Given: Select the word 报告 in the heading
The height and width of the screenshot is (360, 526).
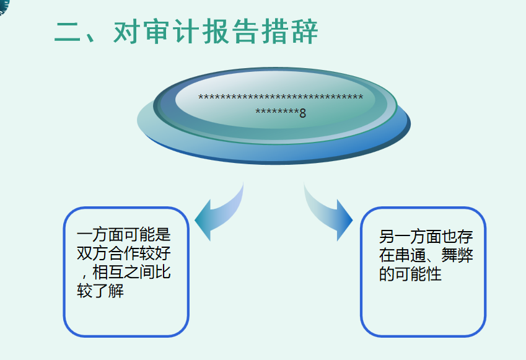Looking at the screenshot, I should pyautogui.click(x=232, y=32).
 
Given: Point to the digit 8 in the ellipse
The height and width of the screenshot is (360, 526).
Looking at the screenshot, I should pyautogui.click(x=303, y=113).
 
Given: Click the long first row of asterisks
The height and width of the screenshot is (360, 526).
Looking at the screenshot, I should pyautogui.click(x=281, y=98).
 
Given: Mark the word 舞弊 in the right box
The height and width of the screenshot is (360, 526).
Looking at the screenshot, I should pyautogui.click(x=458, y=255).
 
